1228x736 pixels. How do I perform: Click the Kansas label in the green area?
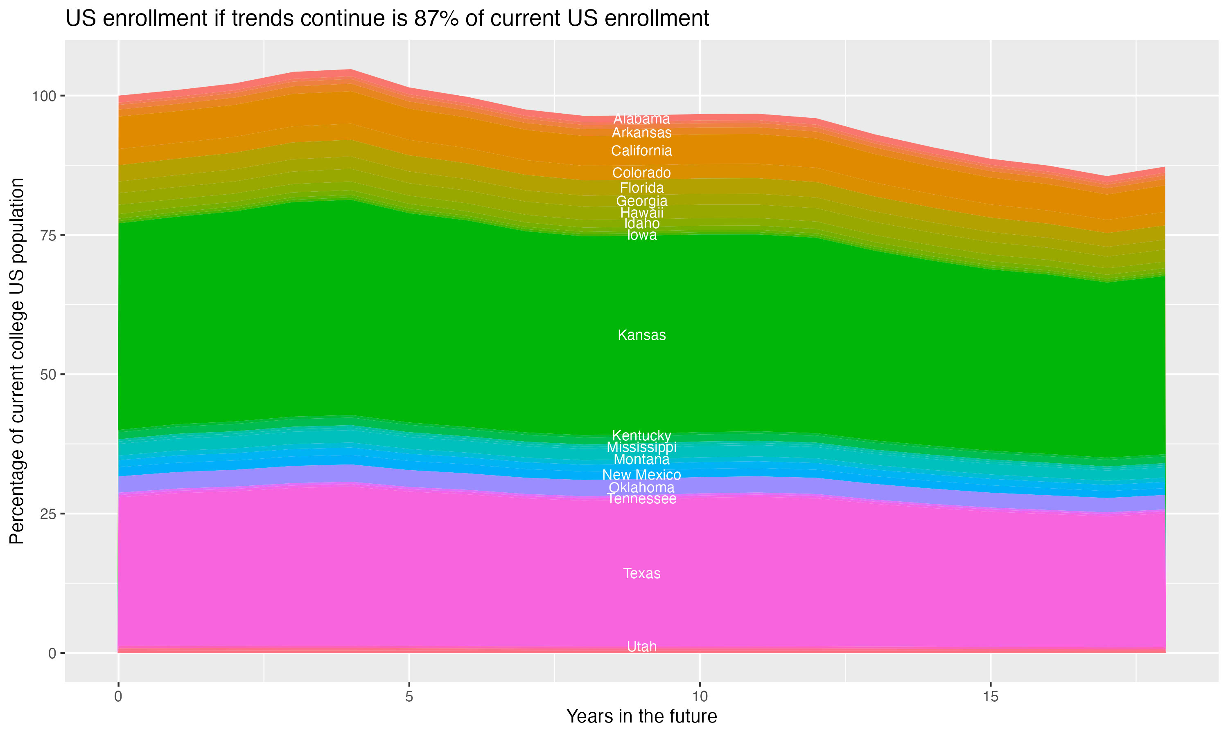641,335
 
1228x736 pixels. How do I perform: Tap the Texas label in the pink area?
641,574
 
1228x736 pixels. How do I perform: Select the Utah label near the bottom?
641,647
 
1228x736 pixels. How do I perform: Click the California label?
641,151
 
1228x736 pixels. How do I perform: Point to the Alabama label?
641,119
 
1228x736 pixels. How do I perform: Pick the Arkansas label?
641,133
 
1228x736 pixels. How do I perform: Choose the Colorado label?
641,173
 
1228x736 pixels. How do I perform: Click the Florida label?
641,188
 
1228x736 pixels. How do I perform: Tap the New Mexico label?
641,475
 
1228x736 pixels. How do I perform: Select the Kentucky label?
641,436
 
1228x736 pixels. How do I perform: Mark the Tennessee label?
641,499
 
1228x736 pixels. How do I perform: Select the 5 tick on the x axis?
409,697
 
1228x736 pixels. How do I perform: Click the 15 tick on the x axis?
990,697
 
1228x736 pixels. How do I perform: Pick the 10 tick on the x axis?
700,697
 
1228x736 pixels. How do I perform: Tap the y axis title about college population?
17,361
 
